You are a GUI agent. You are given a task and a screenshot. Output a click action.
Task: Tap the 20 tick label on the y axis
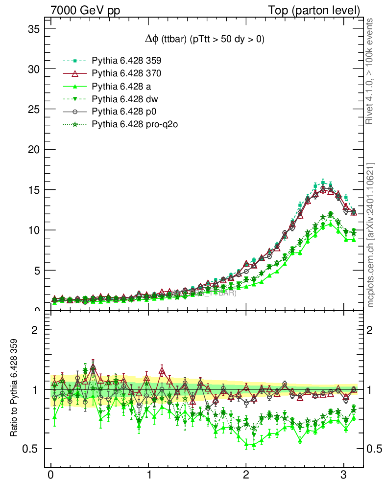pos(33,150)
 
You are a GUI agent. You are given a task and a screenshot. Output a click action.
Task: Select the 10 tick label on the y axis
pos(33,230)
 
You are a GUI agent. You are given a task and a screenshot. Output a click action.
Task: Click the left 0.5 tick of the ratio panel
pos(31,449)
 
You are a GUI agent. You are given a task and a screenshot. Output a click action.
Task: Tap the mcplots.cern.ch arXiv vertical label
pos(371,235)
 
